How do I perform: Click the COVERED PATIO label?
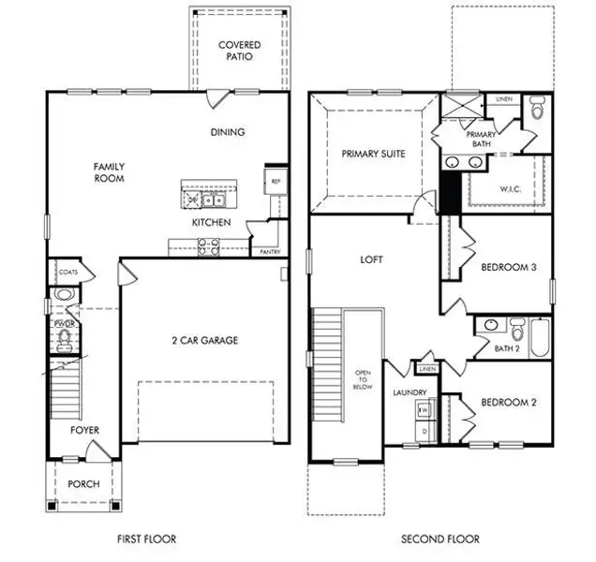239,51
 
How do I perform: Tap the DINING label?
228,132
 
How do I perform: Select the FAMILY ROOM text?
109,173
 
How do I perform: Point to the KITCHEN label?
212,223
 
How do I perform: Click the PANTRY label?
267,252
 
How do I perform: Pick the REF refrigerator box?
276,182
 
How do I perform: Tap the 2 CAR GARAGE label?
204,340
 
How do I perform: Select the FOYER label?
84,431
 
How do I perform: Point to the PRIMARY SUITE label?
373,154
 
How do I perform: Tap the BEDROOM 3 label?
508,267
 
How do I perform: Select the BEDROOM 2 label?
508,403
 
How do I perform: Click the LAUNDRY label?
410,392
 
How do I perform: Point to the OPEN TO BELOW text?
363,378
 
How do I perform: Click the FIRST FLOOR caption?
146,539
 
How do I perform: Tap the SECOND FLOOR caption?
440,539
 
